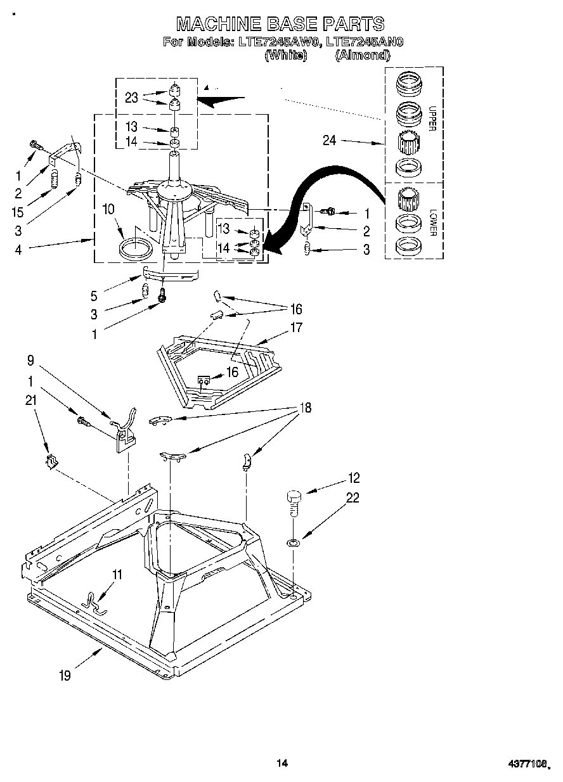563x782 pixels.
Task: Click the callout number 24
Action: coord(329,141)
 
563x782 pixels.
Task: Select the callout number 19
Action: coord(65,676)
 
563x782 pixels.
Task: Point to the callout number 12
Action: coord(353,478)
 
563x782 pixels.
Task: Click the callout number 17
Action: coord(295,328)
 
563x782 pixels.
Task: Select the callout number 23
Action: coord(131,98)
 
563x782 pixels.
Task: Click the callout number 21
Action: coord(30,400)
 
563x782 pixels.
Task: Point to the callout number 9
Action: coord(30,362)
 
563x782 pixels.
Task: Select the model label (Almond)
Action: coord(362,55)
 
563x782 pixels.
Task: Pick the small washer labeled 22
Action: coord(293,542)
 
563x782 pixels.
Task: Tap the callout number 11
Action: coord(117,575)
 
